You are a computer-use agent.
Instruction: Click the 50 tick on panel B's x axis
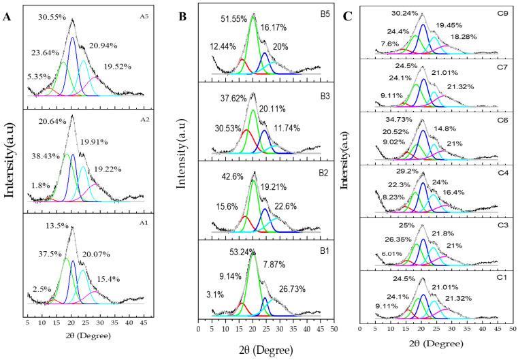tap(334, 327)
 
